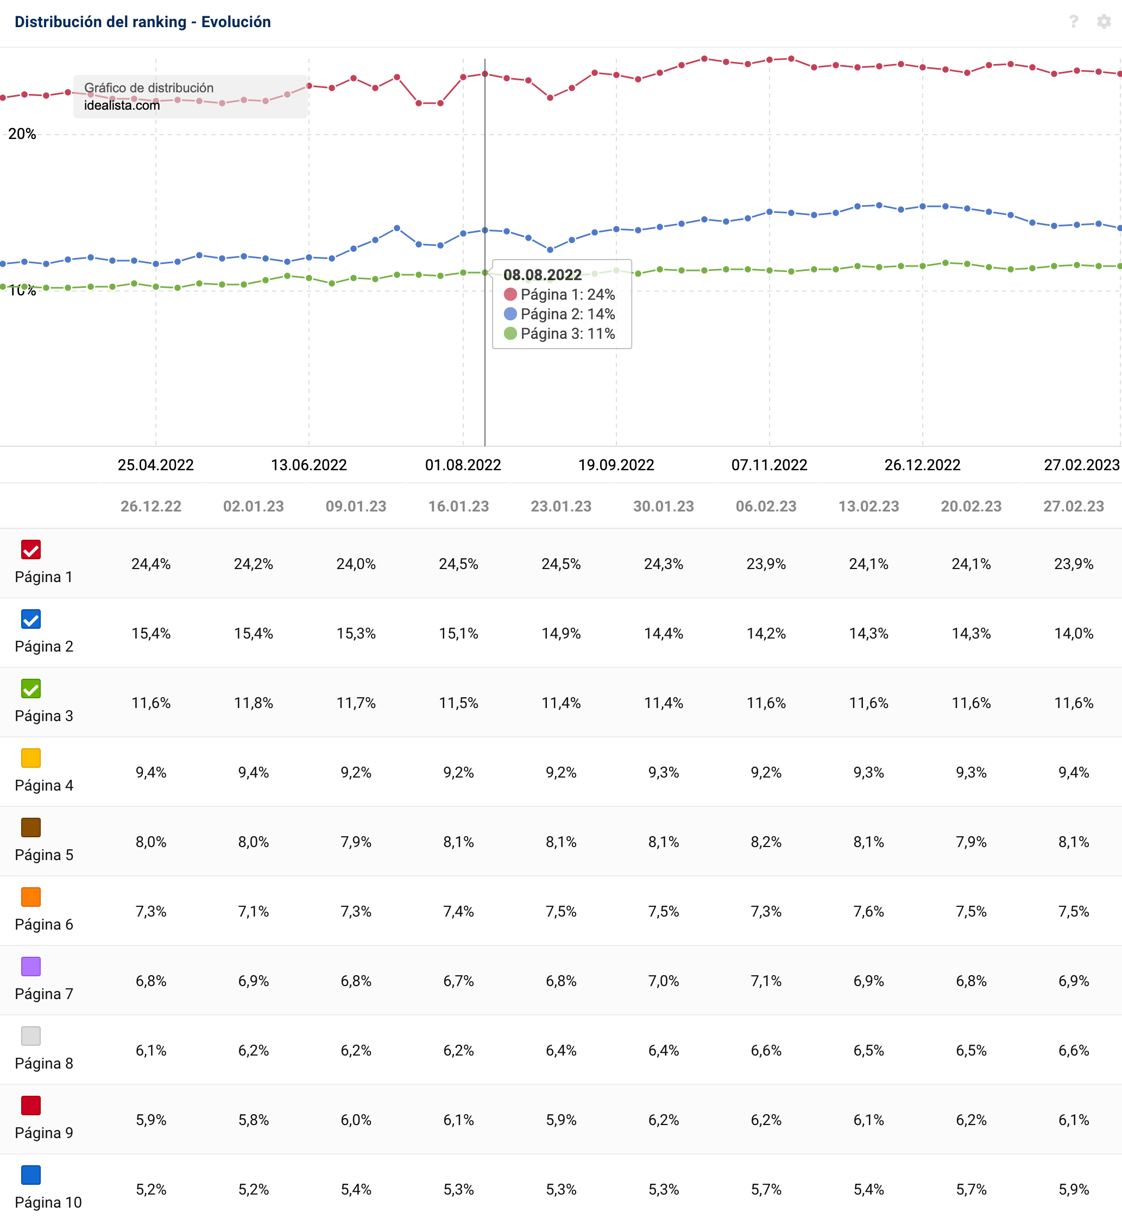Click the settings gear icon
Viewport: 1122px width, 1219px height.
pos(1103,22)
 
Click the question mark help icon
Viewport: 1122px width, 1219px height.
pos(1074,22)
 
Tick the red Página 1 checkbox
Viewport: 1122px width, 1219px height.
pos(31,550)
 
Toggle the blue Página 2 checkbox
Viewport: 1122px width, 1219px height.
pos(31,618)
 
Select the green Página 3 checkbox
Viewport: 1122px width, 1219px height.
pos(31,689)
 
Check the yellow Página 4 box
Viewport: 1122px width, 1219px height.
pos(31,757)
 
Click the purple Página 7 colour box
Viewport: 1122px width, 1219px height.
pos(31,967)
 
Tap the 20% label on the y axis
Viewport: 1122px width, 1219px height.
pos(22,134)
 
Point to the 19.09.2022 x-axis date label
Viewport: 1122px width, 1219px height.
pos(616,465)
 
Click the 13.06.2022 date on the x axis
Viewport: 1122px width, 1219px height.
pos(308,465)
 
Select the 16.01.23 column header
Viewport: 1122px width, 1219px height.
pos(458,506)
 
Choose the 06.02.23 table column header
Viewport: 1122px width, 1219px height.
pos(766,506)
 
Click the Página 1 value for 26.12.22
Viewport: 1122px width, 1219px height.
pos(151,564)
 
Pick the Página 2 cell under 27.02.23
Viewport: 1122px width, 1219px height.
pos(1074,634)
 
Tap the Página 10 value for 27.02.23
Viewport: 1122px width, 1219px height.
pos(1074,1189)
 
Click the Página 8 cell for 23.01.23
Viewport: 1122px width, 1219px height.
pos(561,1050)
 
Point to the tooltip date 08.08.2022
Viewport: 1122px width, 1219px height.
pos(542,275)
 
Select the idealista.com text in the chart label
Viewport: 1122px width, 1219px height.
pos(122,106)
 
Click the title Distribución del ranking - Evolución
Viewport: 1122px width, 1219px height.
pos(143,22)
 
